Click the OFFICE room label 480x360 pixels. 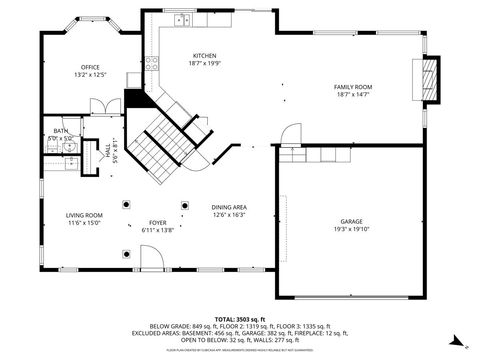click(x=89, y=67)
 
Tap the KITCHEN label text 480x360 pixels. click(x=204, y=56)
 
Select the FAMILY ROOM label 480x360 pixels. click(x=351, y=87)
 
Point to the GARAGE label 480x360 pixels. click(x=351, y=221)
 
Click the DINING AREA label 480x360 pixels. click(x=229, y=207)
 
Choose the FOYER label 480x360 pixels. click(x=158, y=223)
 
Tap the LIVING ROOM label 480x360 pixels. click(x=85, y=215)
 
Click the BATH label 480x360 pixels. click(x=61, y=131)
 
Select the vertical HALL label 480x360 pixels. click(x=108, y=149)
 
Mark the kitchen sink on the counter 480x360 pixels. click(x=182, y=20)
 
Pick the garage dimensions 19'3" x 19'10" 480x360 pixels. click(x=351, y=229)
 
